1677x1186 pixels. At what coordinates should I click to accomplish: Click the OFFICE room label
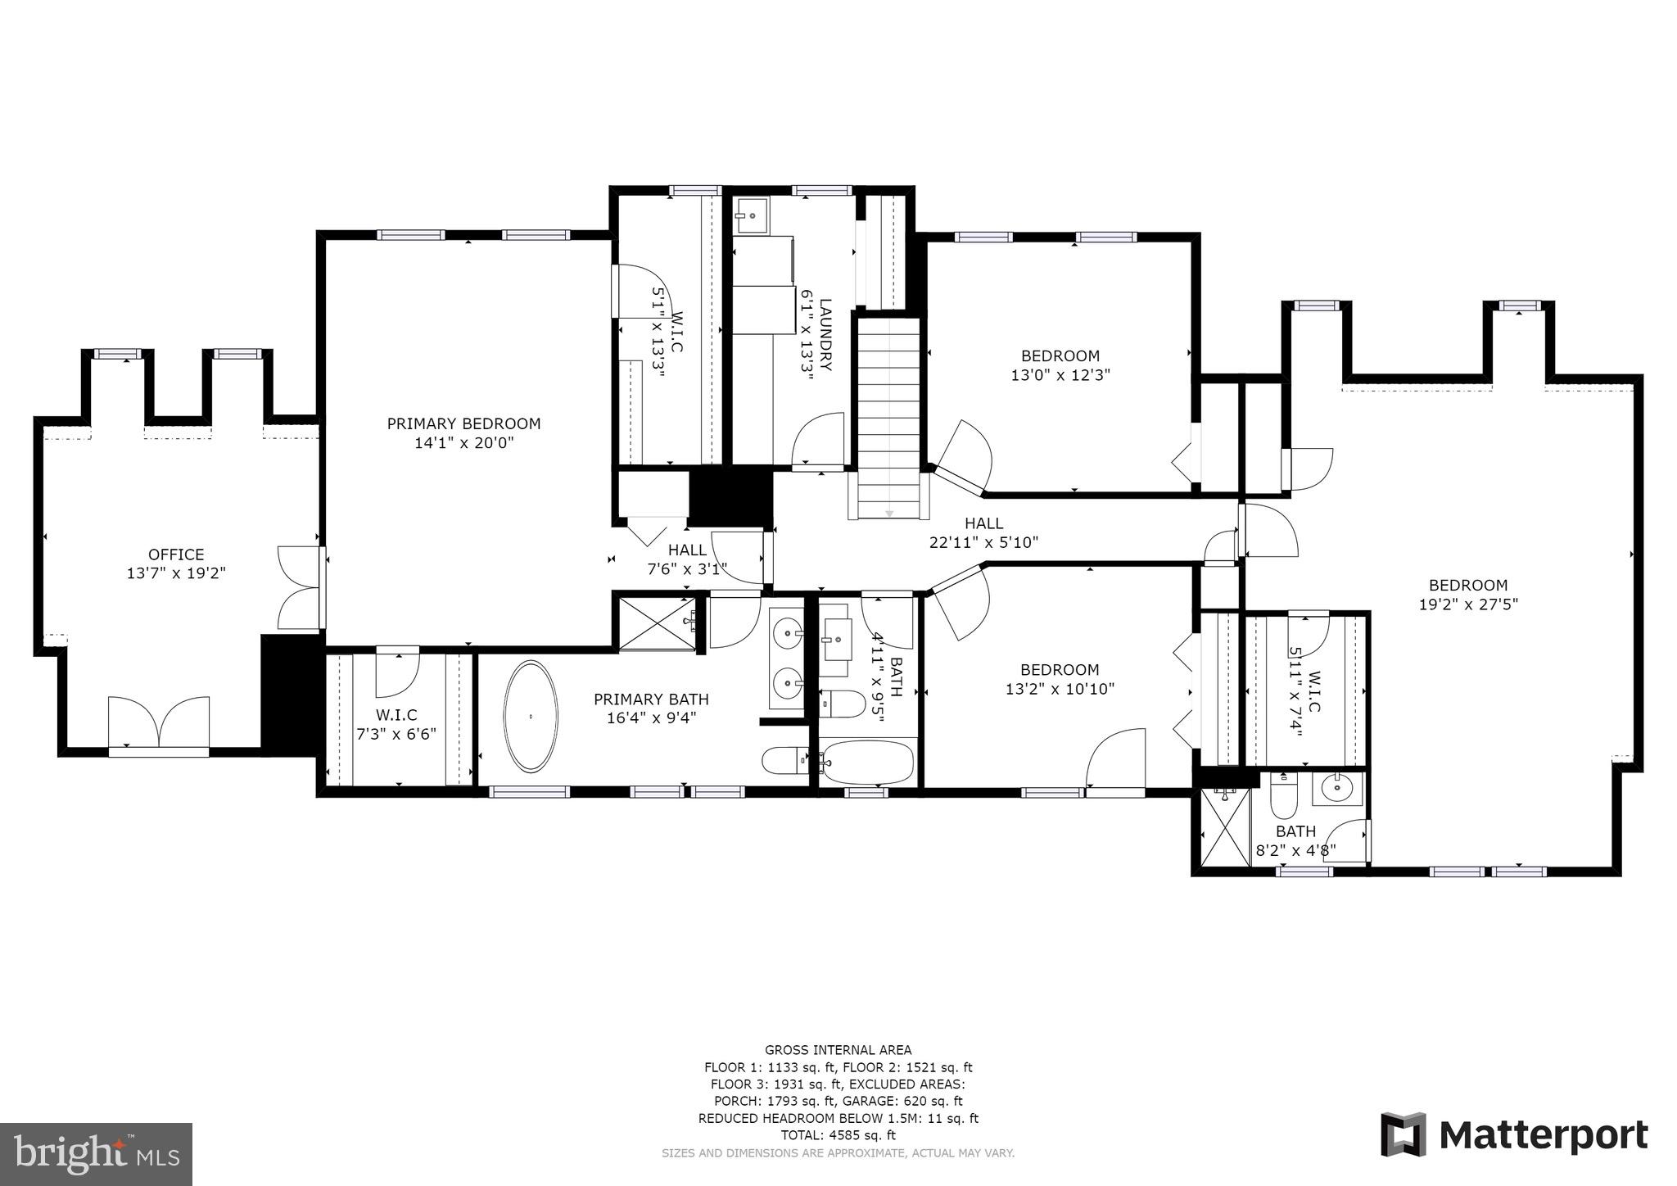point(176,555)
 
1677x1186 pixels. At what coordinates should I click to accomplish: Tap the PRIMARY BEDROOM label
point(463,423)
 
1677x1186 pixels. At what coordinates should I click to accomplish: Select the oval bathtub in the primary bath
point(531,716)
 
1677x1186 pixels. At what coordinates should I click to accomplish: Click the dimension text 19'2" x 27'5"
point(1467,604)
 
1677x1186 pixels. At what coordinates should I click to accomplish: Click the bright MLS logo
point(96,1154)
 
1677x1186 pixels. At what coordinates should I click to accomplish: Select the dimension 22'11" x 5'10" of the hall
point(983,541)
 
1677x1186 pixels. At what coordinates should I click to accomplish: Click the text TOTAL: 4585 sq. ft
point(838,1135)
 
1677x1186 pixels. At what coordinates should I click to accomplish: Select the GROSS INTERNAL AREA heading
point(838,1049)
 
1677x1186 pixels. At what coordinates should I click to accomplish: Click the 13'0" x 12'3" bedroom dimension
point(1060,375)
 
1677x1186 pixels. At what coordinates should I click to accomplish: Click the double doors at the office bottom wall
point(159,722)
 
